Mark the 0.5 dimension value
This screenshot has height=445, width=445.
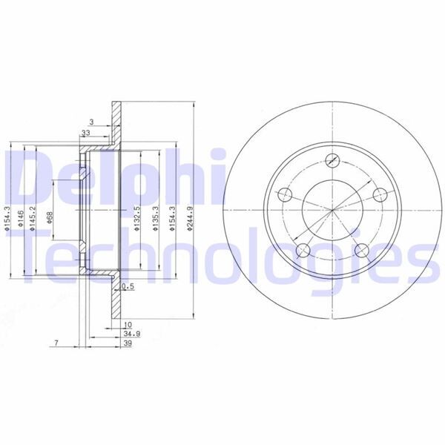(127, 286)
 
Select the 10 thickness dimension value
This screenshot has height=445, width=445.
(128, 325)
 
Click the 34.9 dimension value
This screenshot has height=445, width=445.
(129, 335)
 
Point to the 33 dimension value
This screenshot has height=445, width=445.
(85, 133)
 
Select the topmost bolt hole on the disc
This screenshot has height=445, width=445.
(332, 159)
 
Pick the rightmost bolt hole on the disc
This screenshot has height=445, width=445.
(380, 194)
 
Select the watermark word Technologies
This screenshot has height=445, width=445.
(222, 256)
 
